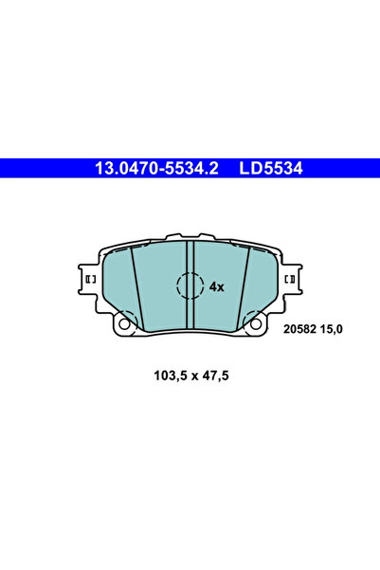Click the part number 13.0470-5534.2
pos(156,170)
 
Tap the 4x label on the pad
pos(216,285)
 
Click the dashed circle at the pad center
pos(190,285)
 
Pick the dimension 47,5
pos(214,375)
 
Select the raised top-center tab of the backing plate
pos(190,238)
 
